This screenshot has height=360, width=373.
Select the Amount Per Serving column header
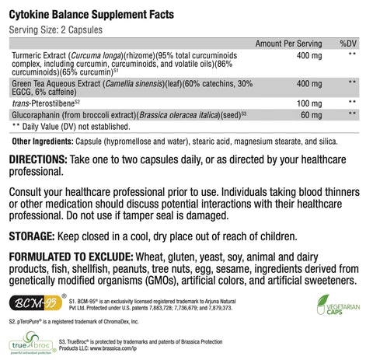(x=289, y=44)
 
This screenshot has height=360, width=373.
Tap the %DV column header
(x=347, y=44)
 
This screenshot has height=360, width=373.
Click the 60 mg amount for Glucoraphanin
(x=312, y=114)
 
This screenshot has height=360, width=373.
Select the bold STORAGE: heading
(x=30, y=234)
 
